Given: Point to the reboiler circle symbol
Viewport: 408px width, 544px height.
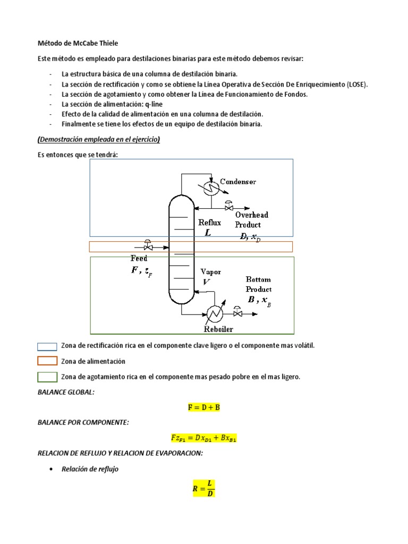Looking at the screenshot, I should point(215,314).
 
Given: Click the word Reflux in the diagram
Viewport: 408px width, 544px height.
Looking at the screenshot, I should point(209,223).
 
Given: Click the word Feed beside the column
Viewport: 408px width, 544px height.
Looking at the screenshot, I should point(139,258).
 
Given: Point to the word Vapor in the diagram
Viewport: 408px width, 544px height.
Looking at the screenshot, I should point(210,272).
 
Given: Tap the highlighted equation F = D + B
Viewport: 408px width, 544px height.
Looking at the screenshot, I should point(204,408).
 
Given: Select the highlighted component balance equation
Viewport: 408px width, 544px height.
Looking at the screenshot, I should point(204,439).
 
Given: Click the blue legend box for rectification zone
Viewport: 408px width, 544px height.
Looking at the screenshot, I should point(47,346).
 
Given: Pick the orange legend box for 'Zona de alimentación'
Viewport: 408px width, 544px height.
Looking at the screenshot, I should point(47,361).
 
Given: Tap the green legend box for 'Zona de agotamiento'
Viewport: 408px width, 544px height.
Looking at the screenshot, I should point(47,377).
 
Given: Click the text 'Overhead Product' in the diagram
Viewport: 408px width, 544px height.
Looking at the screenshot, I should point(252,220).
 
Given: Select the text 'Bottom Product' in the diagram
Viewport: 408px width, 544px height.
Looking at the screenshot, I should point(258,284).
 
